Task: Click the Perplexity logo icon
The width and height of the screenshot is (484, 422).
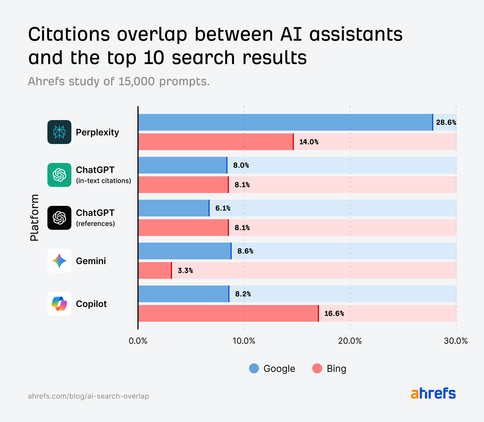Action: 59,132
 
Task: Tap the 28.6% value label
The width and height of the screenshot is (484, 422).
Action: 446,123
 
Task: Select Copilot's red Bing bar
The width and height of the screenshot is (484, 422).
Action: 228,313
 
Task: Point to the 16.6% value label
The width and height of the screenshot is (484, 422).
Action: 334,314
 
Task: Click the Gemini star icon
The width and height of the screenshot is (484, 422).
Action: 59,261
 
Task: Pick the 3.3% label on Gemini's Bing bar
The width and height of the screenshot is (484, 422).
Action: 185,271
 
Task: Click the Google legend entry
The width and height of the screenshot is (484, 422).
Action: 272,369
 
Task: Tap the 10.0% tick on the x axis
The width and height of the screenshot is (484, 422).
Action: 244,341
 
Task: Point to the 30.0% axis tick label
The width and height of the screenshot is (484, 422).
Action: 456,341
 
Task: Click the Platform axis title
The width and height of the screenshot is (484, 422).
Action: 35,218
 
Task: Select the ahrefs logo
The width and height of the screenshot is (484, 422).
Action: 433,393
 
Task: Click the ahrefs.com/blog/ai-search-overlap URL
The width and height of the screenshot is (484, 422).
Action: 88,396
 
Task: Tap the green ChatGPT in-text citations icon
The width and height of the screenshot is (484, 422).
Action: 59,175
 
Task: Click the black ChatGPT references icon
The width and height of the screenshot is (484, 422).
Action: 59,218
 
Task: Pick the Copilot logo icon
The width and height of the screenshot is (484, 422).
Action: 59,304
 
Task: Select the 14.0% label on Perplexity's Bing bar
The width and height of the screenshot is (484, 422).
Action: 309,142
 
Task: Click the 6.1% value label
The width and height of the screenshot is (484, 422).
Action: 223,208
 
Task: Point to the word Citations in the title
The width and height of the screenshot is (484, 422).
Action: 69,35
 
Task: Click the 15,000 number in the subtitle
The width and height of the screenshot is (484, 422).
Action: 136,82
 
